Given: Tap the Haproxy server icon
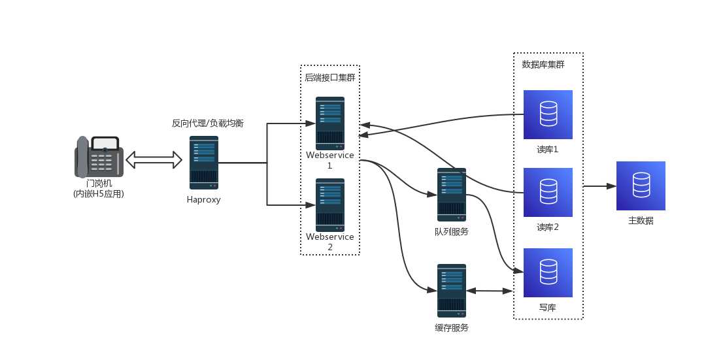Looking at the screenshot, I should (204, 163).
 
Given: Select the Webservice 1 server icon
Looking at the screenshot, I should (330, 123).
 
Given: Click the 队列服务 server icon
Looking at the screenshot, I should (452, 195).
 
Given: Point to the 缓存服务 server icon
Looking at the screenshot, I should (452, 291).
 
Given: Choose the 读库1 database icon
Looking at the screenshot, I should (548, 114).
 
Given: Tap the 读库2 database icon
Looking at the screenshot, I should (548, 193).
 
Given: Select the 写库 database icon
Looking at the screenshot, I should (548, 272).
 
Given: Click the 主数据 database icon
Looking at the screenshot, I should (641, 186).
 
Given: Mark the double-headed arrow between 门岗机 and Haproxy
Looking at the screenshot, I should (154, 159).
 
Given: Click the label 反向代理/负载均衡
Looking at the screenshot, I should (207, 123).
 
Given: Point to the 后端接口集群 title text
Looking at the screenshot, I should (330, 78).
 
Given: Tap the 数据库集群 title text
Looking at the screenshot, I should (543, 65).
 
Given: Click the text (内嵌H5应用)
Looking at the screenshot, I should (99, 194).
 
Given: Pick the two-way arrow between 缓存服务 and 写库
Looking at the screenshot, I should (490, 291).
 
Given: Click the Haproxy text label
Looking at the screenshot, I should (204, 200).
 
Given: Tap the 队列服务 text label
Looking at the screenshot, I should (452, 231).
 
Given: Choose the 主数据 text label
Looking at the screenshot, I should (641, 221).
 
